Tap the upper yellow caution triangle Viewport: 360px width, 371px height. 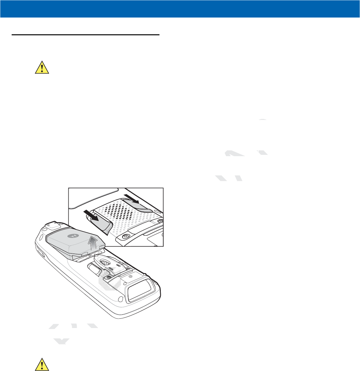click(x=42, y=67)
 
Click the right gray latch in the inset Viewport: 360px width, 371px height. click(x=141, y=205)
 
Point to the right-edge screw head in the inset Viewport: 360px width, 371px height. click(x=161, y=221)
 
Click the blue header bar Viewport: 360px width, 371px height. click(x=180, y=9)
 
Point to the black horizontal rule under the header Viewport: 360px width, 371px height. click(x=85, y=35)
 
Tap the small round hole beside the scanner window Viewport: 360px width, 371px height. click(x=120, y=299)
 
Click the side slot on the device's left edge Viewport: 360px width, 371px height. click(x=42, y=255)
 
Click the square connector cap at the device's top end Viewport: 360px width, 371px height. click(x=52, y=227)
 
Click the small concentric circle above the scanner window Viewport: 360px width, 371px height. click(x=131, y=275)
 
